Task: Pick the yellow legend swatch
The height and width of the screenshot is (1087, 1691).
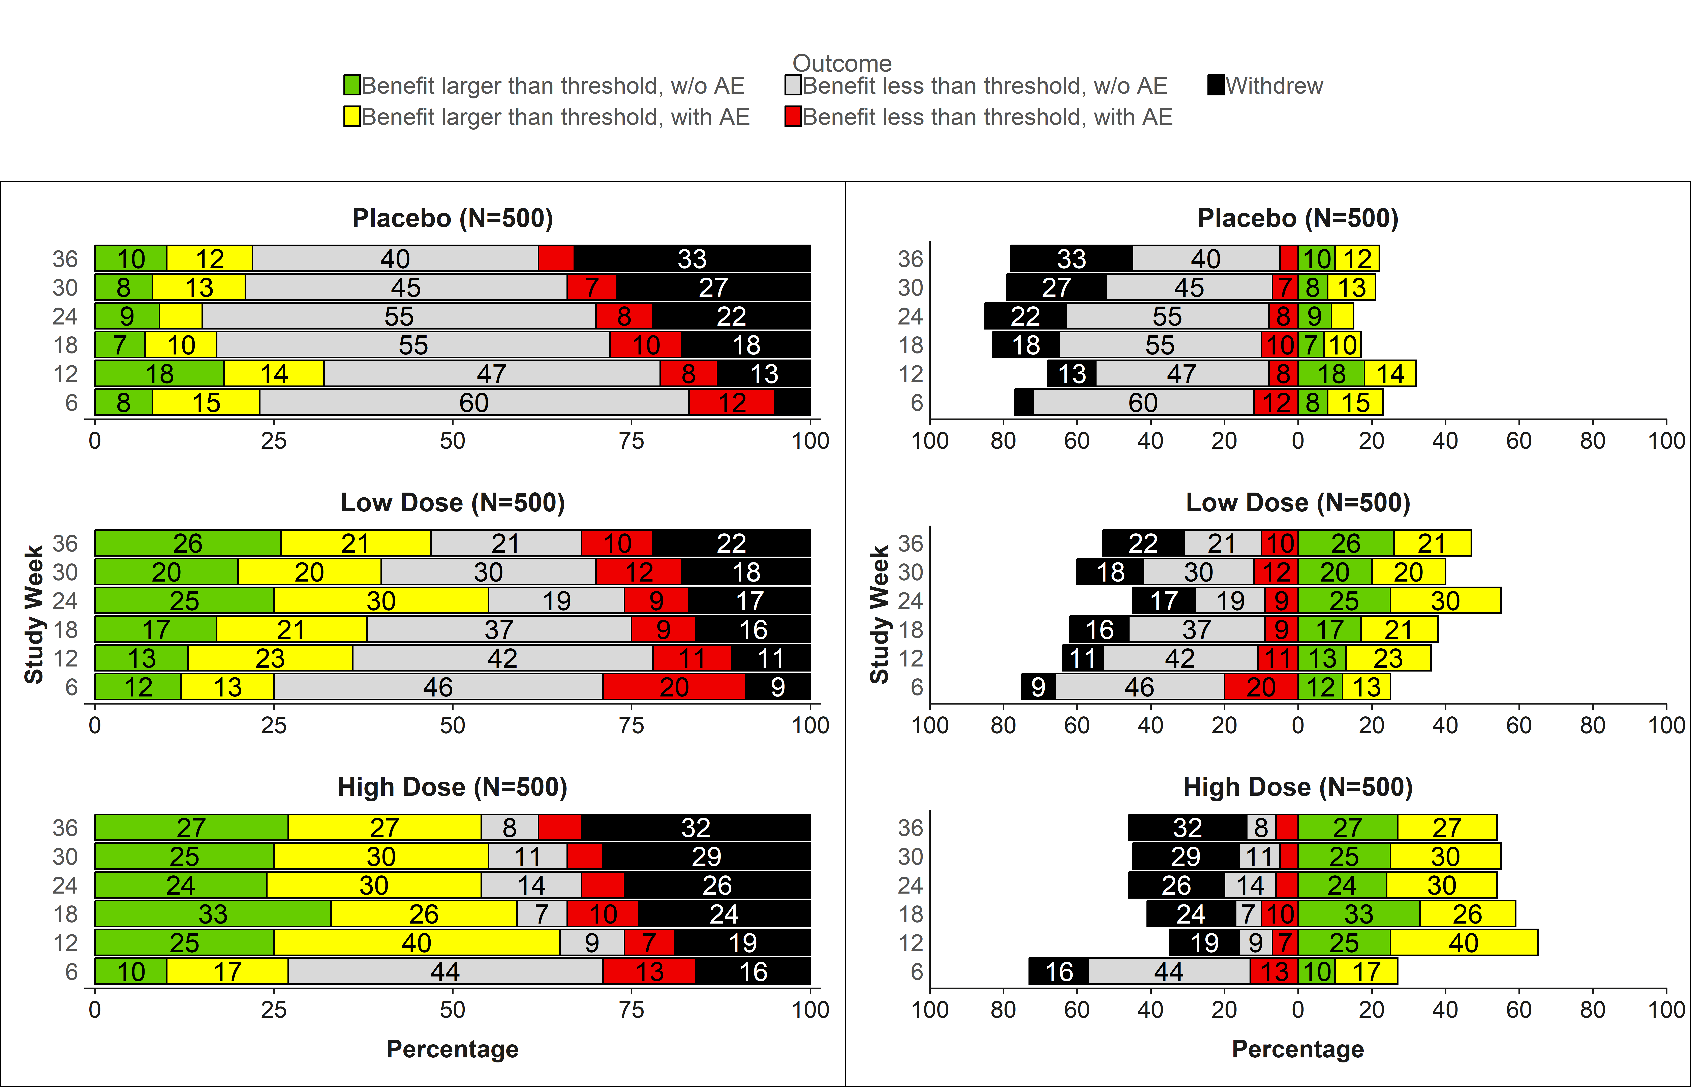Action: tap(351, 117)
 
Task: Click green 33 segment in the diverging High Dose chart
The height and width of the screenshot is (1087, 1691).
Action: tap(1359, 914)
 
